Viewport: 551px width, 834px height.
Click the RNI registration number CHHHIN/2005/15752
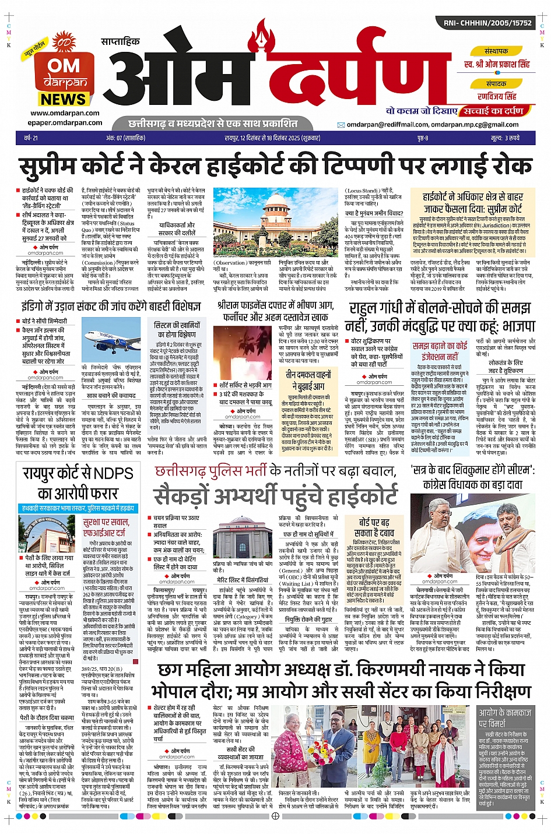coord(487,23)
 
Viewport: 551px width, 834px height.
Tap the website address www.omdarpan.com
coord(65,113)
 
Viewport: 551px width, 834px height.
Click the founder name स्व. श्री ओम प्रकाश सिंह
coord(497,64)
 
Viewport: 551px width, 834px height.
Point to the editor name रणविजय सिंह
coord(497,96)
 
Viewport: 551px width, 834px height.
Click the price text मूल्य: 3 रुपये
coord(505,138)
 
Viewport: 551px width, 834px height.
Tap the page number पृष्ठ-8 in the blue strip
coord(423,138)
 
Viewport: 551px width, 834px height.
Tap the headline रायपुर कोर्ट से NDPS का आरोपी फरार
coord(78,483)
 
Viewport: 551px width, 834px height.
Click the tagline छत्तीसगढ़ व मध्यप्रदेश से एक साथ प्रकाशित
coord(213,124)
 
